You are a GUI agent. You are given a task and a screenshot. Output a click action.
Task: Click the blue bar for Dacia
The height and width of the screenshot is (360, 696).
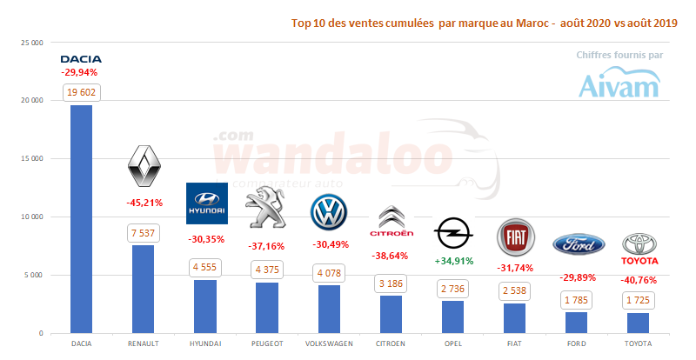[81, 217]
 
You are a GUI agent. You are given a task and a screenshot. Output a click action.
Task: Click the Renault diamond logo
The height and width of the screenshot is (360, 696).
[144, 166]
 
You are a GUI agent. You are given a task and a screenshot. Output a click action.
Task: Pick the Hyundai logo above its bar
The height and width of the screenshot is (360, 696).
[206, 204]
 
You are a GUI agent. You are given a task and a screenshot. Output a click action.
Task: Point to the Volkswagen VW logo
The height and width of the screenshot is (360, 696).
[329, 212]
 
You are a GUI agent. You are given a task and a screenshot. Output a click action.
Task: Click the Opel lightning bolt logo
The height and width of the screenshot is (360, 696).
[453, 234]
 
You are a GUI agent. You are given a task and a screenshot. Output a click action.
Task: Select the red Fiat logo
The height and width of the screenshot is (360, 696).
[515, 237]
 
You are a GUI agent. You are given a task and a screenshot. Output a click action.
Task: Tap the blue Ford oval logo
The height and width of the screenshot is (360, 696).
[577, 244]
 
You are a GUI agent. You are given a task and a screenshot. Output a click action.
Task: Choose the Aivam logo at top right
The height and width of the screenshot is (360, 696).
[620, 83]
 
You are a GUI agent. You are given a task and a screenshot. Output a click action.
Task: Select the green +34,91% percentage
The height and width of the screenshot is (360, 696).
[453, 261]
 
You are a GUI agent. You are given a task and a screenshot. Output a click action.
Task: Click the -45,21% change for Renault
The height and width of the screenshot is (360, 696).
[144, 203]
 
